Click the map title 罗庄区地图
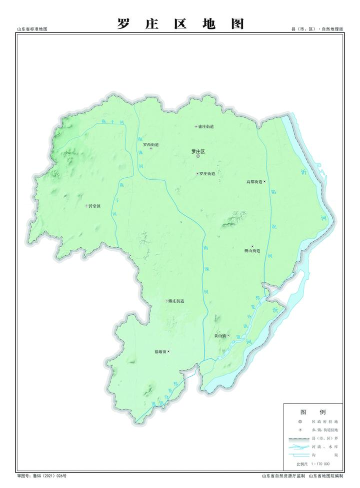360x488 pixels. [180, 23]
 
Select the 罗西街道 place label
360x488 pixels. [150, 145]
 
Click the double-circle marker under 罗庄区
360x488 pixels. [198, 156]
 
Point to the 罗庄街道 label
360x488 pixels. [207, 174]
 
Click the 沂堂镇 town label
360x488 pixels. [94, 206]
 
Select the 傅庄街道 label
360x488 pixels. [176, 301]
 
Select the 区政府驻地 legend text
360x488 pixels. [324, 422]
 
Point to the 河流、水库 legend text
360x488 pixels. [324, 447]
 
